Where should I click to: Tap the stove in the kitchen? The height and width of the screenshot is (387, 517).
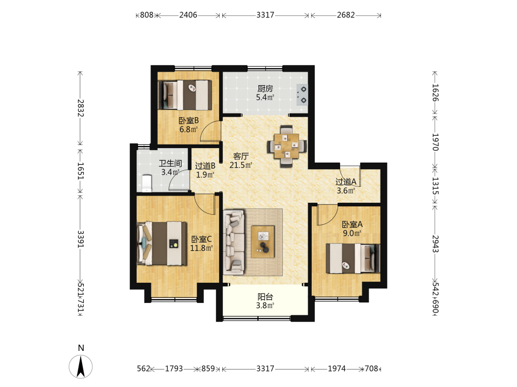(x=302, y=94)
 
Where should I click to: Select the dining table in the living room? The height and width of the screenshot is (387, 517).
(x=287, y=146)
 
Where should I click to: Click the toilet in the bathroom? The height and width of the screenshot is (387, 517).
(x=146, y=183)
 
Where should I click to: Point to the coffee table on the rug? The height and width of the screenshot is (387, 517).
(x=263, y=241)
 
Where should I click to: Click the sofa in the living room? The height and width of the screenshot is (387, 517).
(x=234, y=242)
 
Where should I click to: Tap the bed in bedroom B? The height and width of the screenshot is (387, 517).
(x=185, y=95)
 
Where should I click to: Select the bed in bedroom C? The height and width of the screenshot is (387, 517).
(x=161, y=243)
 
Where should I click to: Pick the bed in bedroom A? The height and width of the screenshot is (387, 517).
(x=353, y=259)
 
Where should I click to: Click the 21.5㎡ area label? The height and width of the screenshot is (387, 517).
(x=241, y=165)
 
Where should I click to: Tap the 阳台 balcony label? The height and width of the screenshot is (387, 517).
(x=265, y=297)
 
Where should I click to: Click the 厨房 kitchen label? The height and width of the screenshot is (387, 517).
(x=265, y=89)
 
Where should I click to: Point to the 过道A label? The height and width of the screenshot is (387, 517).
(x=346, y=182)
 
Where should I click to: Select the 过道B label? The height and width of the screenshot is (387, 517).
(x=205, y=166)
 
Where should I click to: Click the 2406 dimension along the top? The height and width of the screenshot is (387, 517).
(x=188, y=15)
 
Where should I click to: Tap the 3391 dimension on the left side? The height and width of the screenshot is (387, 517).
(x=81, y=239)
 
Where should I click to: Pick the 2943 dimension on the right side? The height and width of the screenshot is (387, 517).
(x=435, y=244)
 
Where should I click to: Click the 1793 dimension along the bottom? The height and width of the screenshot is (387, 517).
(x=174, y=368)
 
